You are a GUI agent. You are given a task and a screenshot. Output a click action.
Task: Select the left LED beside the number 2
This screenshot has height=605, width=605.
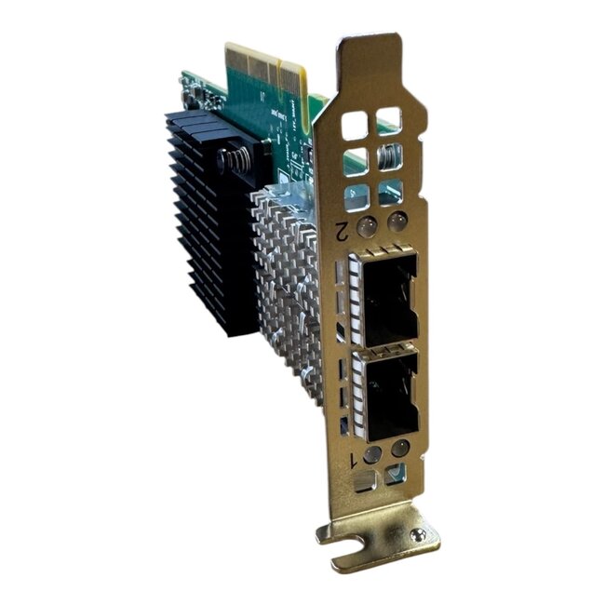[x=368, y=224]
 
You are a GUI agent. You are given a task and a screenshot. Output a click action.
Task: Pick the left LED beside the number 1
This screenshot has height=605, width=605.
[x=372, y=454]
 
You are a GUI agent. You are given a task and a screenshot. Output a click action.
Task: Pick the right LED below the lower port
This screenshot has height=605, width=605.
[x=400, y=449]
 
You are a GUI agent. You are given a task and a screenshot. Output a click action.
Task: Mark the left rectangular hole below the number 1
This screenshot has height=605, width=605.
[x=366, y=482]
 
